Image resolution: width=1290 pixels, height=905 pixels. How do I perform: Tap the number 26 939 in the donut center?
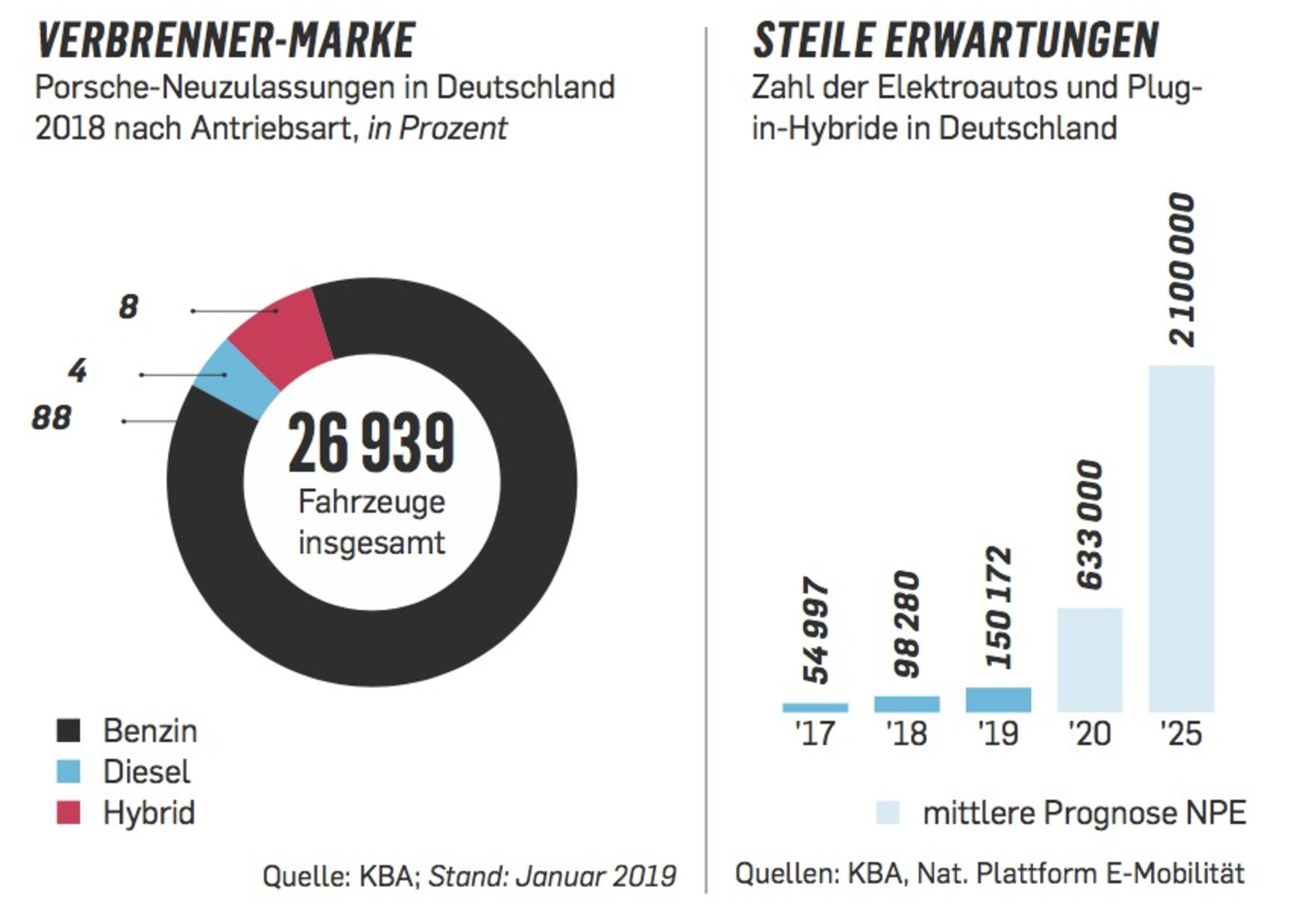(x=371, y=444)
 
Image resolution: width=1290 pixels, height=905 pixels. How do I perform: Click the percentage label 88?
(x=52, y=418)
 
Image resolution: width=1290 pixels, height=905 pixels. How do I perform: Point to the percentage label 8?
(x=128, y=308)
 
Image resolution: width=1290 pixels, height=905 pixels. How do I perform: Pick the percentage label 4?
(x=77, y=372)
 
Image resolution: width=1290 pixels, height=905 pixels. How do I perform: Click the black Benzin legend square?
(x=68, y=731)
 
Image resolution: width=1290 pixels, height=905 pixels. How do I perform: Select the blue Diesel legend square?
(x=68, y=771)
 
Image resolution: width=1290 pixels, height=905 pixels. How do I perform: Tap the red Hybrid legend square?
(x=68, y=812)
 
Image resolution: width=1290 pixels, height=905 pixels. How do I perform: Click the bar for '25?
(x=1181, y=538)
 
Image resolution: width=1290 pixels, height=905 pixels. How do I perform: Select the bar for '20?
(x=1090, y=659)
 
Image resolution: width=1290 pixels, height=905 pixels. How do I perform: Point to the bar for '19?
(x=998, y=700)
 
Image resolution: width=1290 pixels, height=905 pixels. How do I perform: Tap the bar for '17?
(x=815, y=707)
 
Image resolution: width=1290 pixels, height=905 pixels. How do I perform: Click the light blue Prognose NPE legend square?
(x=888, y=812)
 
